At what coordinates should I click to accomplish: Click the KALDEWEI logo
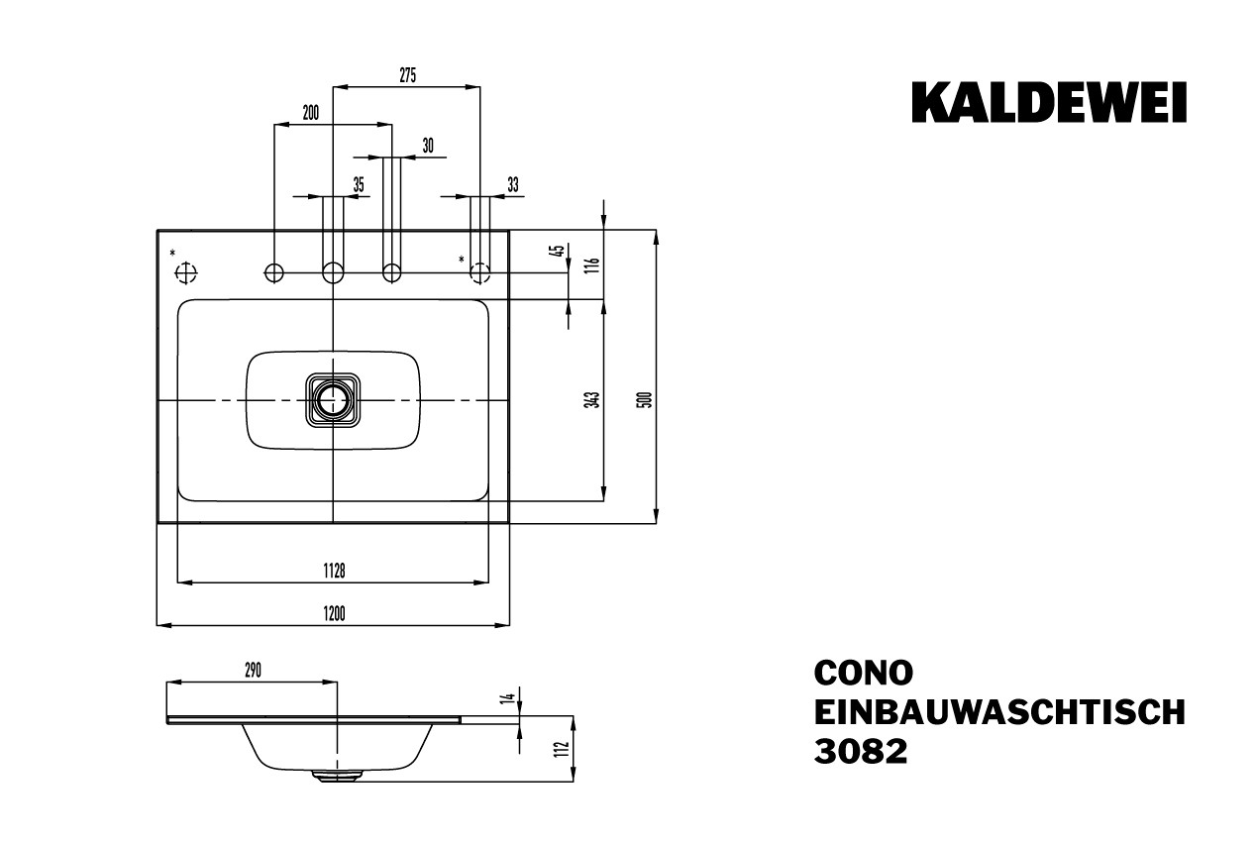1049,103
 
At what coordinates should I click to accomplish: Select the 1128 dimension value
333,571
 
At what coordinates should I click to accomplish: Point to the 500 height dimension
643,400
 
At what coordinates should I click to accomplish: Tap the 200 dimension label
310,113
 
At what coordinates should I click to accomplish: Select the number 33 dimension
512,184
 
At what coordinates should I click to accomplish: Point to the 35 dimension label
358,184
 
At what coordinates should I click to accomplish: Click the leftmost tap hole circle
274,271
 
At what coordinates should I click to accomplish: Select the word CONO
863,673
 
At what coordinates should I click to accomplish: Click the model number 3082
860,752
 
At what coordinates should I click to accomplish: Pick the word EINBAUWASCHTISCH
998,712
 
